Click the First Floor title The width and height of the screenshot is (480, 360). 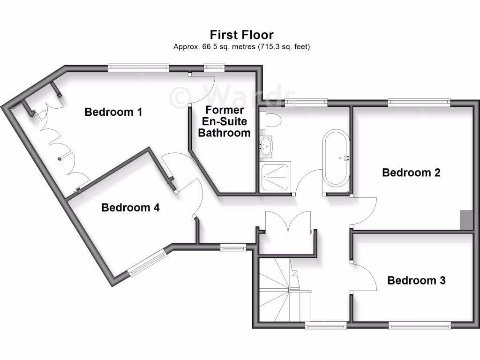point(241,35)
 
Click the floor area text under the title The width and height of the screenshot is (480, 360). point(241,47)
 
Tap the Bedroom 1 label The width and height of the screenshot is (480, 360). point(113,112)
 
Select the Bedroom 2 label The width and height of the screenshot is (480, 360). point(411,172)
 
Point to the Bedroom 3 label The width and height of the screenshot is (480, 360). point(416,280)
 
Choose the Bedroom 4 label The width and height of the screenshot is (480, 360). point(130,207)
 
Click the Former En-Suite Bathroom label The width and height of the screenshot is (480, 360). point(224,121)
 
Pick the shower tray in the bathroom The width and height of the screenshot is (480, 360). point(276,176)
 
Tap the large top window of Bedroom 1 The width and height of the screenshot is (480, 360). point(138,68)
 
